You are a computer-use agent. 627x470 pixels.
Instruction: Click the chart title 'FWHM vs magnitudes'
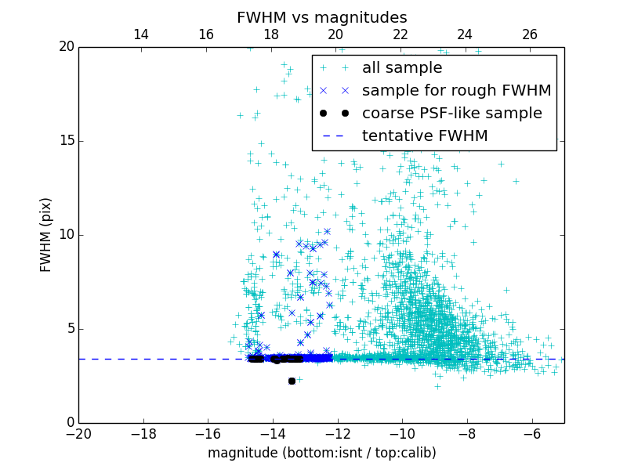[x=321, y=17]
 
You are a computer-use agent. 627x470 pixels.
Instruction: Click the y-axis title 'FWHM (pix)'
[x=46, y=235]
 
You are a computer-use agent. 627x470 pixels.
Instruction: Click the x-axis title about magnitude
[x=321, y=453]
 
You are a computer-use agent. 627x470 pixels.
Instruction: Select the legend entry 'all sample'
[x=401, y=68]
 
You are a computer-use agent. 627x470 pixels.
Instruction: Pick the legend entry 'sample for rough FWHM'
[x=456, y=90]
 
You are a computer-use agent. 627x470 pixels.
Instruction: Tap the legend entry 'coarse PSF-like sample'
[x=451, y=113]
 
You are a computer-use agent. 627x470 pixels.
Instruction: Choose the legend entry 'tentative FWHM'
[x=424, y=136]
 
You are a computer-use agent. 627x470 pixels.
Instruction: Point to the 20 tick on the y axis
[x=66, y=47]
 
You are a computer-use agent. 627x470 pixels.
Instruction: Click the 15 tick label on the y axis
[x=66, y=141]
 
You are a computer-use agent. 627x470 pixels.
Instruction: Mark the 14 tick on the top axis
[x=141, y=34]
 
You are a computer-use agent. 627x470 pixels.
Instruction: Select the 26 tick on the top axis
[x=530, y=34]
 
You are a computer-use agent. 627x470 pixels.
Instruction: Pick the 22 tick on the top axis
[x=400, y=34]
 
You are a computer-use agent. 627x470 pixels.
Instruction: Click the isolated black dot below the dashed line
[x=292, y=381]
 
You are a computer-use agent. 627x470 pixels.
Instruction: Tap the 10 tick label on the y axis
[x=66, y=235]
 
